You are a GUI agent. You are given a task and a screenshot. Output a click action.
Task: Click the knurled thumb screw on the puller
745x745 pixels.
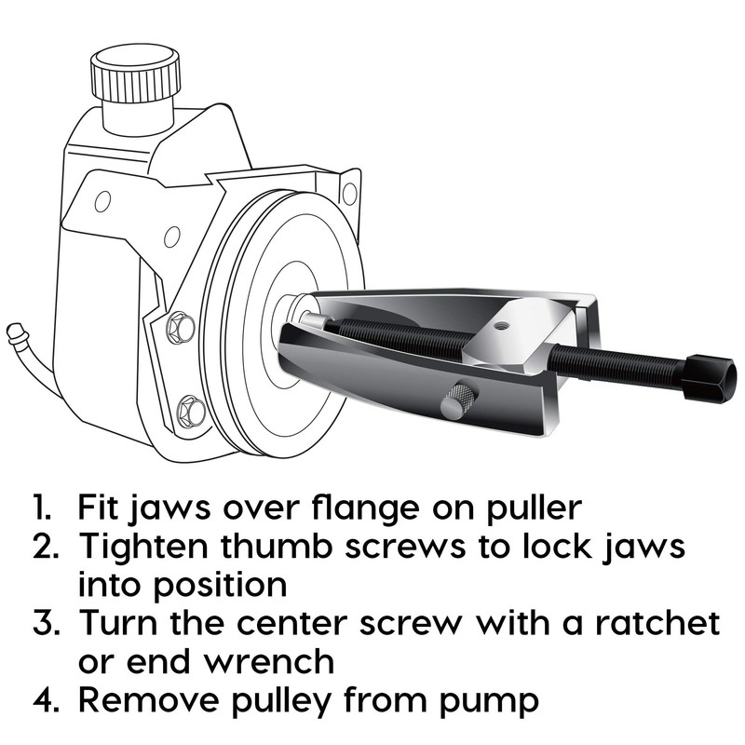(x=459, y=400)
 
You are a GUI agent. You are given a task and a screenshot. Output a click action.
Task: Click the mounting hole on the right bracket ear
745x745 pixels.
(x=349, y=193)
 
